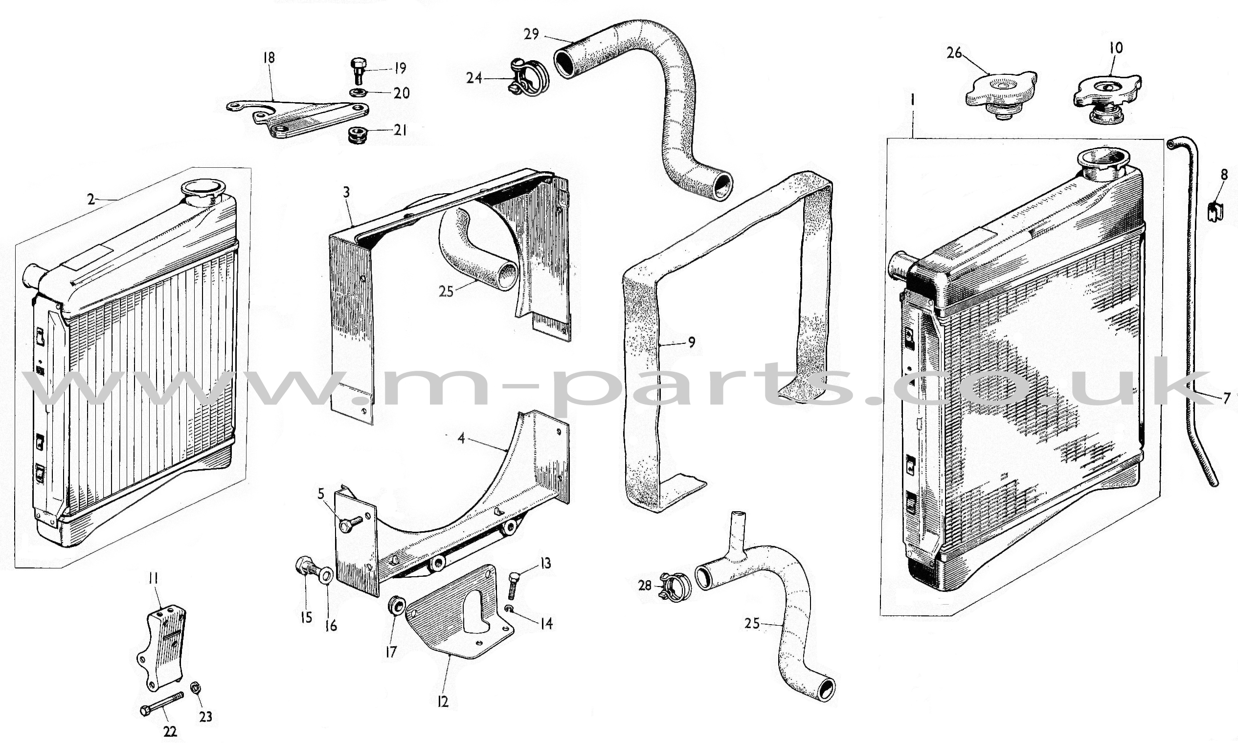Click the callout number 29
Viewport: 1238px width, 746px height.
(x=531, y=34)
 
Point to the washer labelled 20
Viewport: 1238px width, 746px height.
(x=357, y=92)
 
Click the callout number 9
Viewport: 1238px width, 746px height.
(x=691, y=342)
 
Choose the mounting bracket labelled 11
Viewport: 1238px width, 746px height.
(x=162, y=649)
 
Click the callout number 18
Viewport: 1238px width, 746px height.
(x=269, y=58)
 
